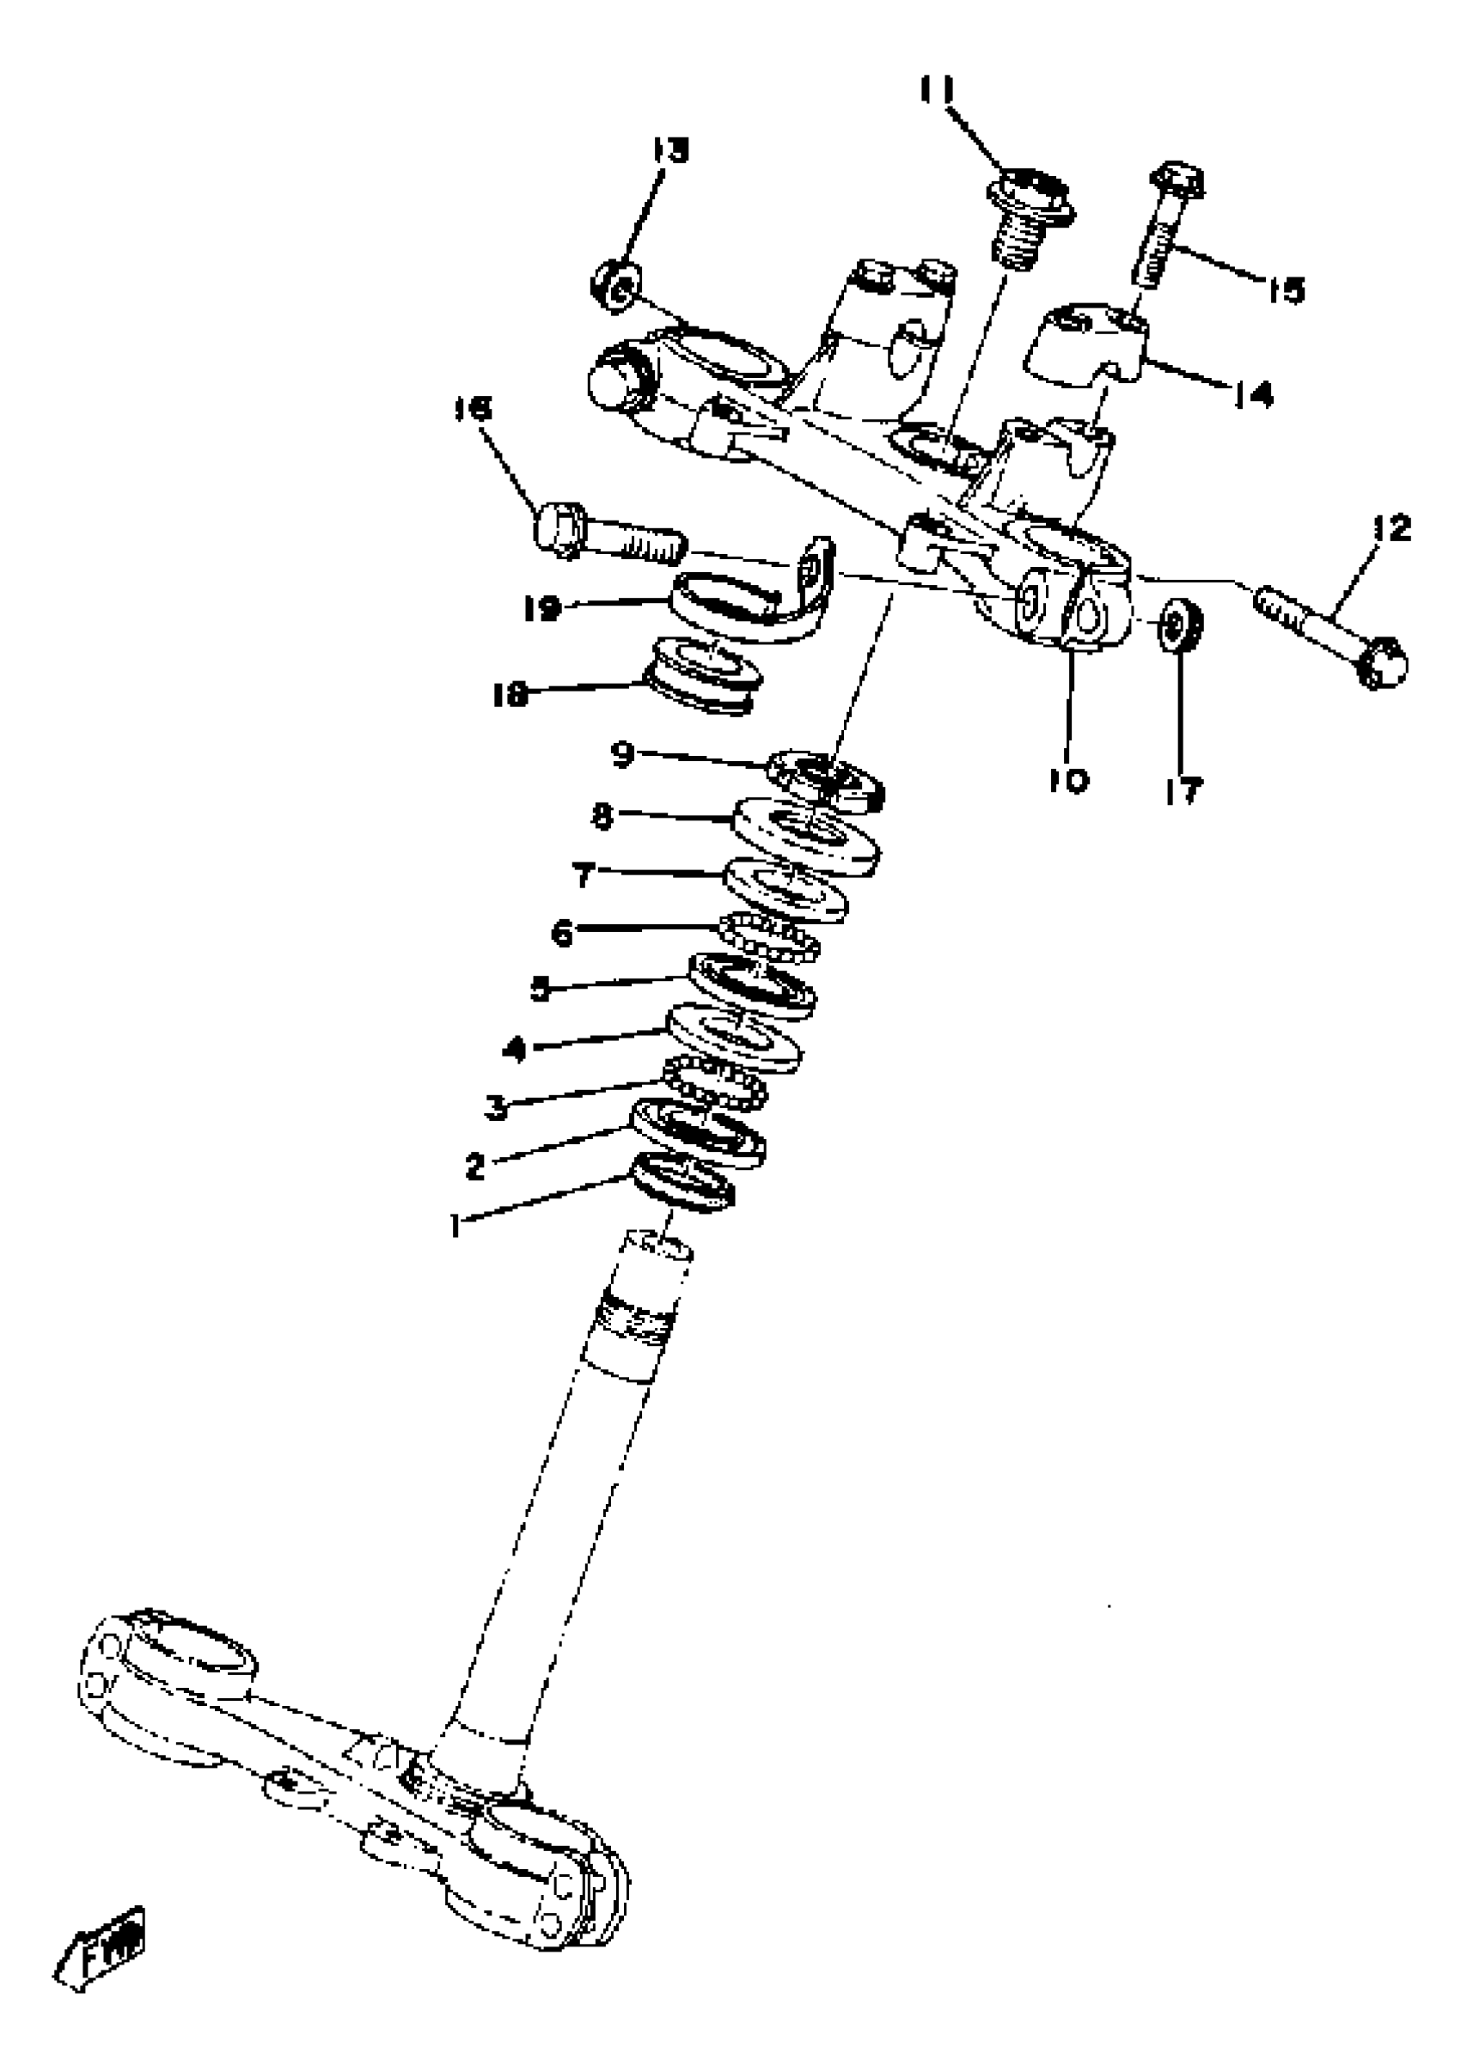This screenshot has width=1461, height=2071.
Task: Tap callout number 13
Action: point(669,150)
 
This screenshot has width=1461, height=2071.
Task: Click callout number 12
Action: point(1391,528)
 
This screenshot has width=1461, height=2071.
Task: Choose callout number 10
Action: point(1069,780)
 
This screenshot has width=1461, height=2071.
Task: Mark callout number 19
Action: point(542,609)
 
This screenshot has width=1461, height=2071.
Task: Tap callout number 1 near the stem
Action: point(455,1225)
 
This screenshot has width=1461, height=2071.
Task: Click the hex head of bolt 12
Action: point(1378,666)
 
